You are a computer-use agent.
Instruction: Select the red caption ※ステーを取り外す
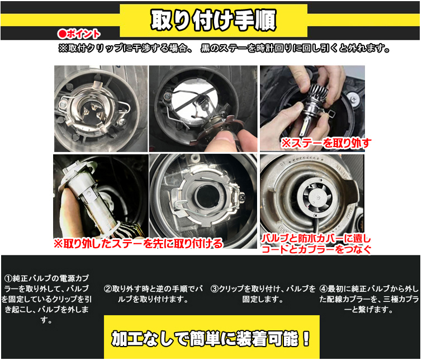tap(325, 143)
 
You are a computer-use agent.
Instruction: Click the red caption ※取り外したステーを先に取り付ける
tap(137, 243)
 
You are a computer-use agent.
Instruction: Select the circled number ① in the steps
tap(8, 278)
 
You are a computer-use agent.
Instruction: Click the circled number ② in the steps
tap(108, 289)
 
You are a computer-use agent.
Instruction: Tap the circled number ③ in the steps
tap(214, 289)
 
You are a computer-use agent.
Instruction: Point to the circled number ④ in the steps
tap(323, 289)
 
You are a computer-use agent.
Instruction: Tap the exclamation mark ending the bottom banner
tap(305, 338)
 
